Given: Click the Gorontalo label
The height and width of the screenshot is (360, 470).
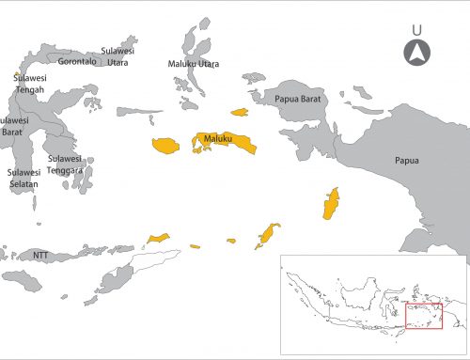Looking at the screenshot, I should [x=76, y=61].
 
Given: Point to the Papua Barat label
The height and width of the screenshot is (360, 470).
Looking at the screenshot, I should [x=299, y=98].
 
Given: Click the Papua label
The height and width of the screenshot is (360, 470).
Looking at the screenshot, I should [x=407, y=161].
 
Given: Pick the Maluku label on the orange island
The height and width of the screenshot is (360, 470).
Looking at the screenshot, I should [x=218, y=140].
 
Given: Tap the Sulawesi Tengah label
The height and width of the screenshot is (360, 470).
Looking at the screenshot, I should [x=29, y=84].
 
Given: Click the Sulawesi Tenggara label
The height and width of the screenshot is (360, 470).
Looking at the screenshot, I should [x=66, y=164].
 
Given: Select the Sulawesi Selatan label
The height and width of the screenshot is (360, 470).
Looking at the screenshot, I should [x=24, y=179].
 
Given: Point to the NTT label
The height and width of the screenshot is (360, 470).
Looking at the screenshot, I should [x=40, y=255].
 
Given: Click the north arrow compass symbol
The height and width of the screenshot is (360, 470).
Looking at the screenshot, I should [x=417, y=54].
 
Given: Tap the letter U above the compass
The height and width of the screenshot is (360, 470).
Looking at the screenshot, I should [x=417, y=29].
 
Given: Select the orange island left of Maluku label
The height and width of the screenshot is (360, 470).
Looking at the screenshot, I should [x=165, y=146].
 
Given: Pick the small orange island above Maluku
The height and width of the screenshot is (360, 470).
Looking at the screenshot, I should [x=240, y=112].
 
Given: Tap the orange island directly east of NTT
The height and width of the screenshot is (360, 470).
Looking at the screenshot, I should [x=156, y=238].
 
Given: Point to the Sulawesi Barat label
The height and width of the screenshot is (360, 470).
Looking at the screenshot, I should [x=12, y=127].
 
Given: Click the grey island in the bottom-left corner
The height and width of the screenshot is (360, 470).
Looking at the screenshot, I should [x=21, y=279].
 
